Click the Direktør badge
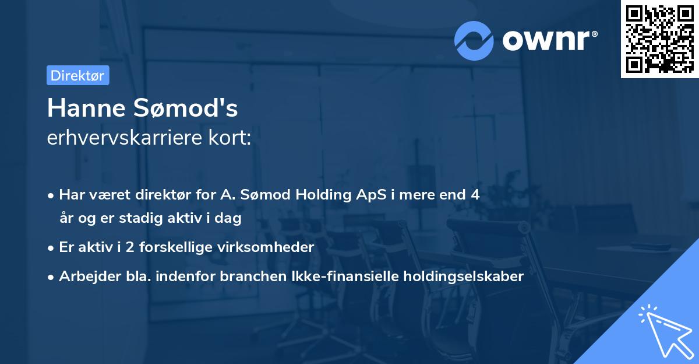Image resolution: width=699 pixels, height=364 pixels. [x=77, y=75]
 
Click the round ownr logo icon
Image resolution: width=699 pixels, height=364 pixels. [x=474, y=40]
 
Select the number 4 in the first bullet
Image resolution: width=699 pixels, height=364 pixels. [x=476, y=195]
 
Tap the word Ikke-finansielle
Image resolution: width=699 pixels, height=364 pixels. [x=348, y=276]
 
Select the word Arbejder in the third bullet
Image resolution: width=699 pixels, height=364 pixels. [x=86, y=276]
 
